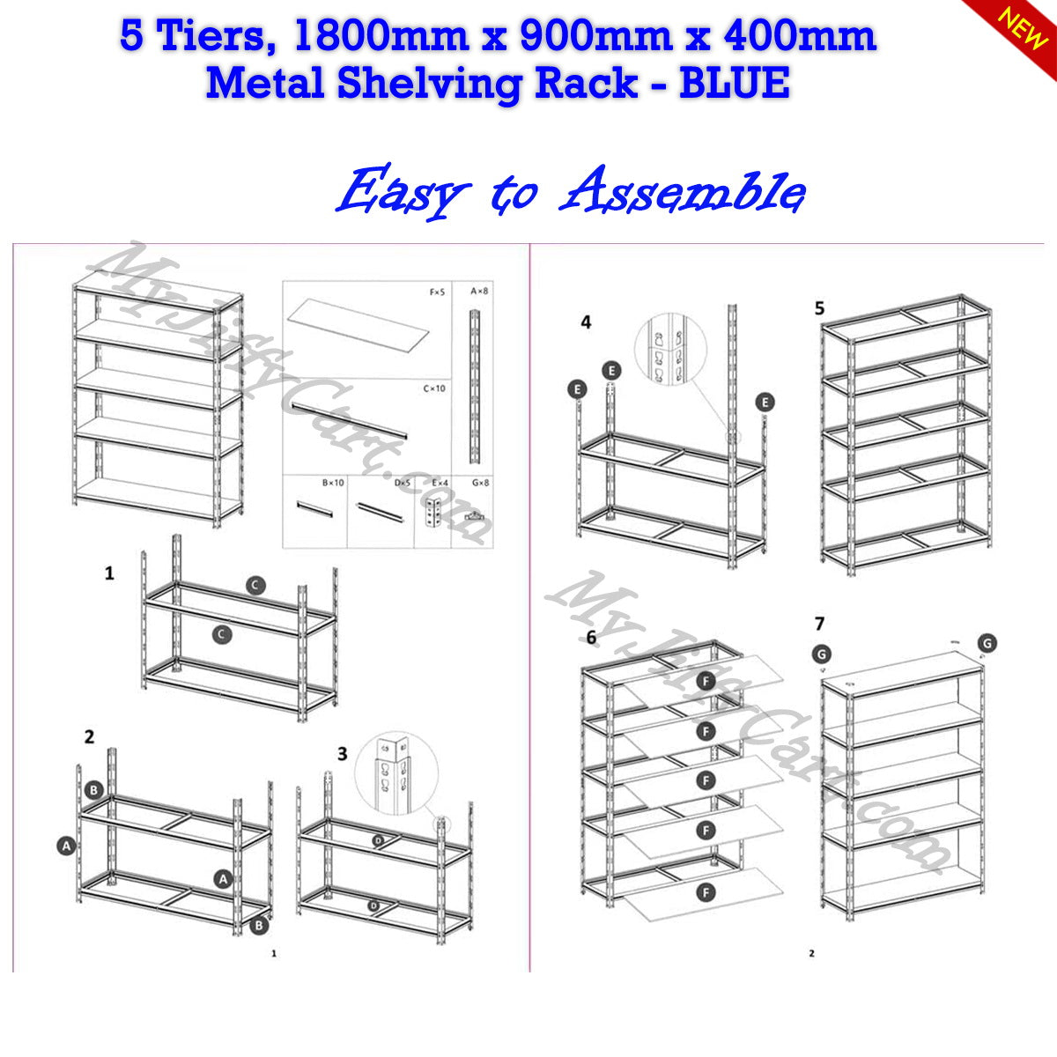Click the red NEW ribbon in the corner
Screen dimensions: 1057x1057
(1022, 26)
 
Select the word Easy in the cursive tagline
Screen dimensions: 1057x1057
(402, 192)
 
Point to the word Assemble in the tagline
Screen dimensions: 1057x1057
(683, 191)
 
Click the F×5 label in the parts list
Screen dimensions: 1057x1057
(436, 292)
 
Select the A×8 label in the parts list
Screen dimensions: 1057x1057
(479, 291)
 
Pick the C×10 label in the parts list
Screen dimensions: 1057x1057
(434, 388)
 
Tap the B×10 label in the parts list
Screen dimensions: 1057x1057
(332, 483)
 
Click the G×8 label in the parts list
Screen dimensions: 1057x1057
(480, 483)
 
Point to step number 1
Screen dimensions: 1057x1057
(109, 573)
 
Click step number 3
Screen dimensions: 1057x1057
(343, 754)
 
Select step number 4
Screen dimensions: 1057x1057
(587, 322)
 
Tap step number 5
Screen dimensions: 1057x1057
(820, 308)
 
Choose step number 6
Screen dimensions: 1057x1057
(591, 637)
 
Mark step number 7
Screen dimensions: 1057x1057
(820, 624)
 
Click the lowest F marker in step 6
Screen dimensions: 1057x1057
(705, 892)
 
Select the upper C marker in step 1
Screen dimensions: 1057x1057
(255, 585)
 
